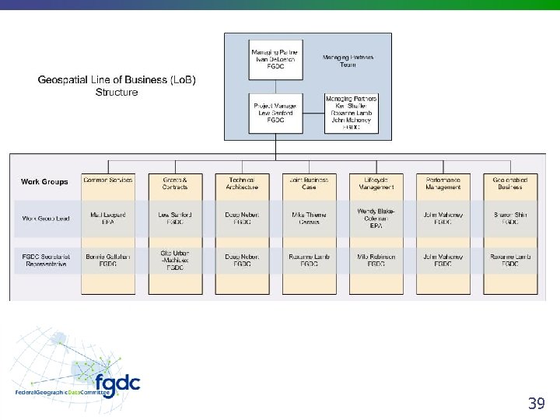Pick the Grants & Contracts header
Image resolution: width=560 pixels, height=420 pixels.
coord(175,184)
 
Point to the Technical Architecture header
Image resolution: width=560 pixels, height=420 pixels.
coord(242,184)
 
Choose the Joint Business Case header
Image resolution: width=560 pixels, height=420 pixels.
coord(309,184)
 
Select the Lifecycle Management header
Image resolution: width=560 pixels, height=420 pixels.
coord(376,184)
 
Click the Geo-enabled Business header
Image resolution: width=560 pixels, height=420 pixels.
coord(509,184)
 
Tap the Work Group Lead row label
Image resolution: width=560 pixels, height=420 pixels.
coord(46,219)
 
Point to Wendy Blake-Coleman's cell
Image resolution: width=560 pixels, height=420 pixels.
coord(376,218)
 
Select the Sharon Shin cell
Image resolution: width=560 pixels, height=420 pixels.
coord(509,219)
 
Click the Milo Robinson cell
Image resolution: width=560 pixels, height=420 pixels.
coord(376,260)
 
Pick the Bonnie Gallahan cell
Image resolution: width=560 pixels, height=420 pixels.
coord(108,260)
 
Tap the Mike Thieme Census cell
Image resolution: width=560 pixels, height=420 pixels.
coord(309,219)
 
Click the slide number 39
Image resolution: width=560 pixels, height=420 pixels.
coord(536,403)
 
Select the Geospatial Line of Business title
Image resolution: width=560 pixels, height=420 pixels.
coord(117,86)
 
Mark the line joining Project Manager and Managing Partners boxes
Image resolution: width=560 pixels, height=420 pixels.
coord(312,114)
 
